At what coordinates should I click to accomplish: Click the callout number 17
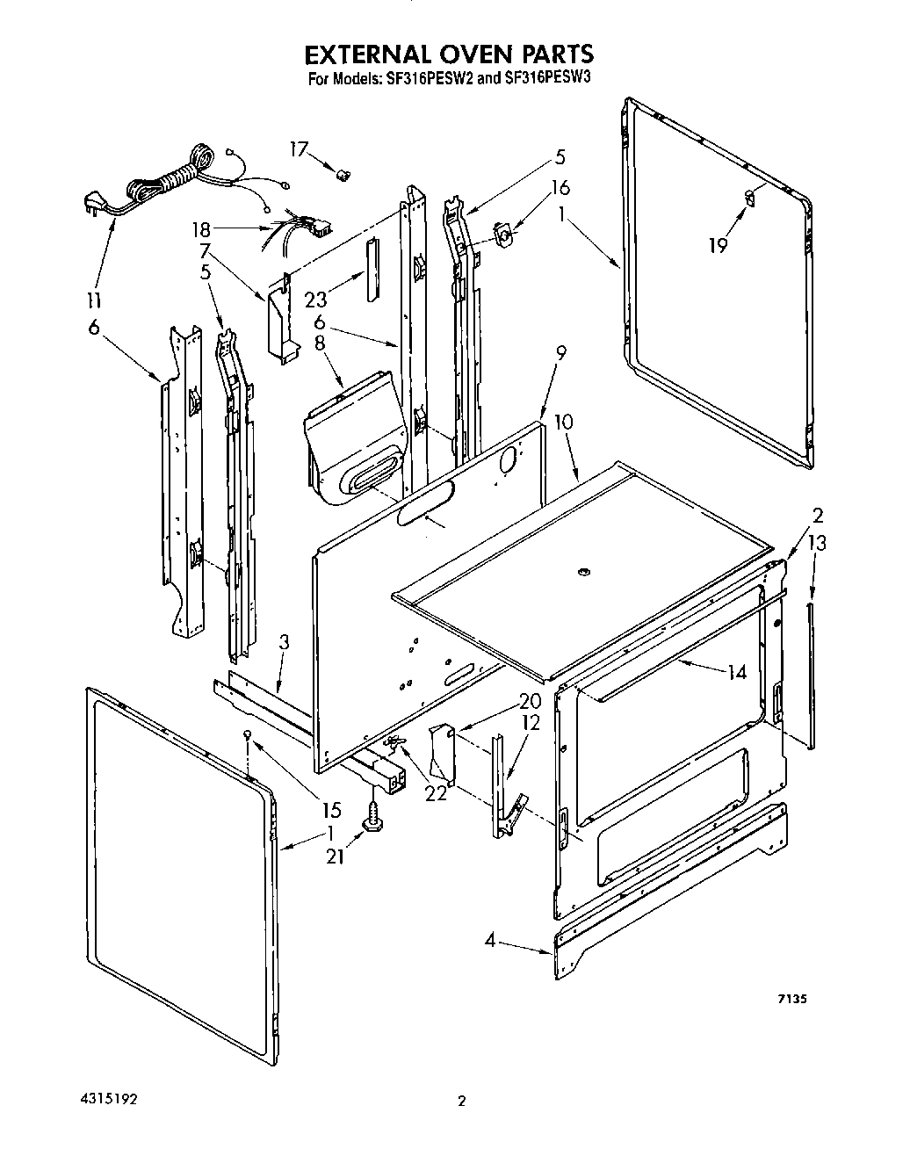300,149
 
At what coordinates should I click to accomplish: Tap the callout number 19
718,245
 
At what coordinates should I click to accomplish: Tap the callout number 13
817,544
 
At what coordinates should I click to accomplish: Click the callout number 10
563,421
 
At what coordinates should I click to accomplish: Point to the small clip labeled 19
748,198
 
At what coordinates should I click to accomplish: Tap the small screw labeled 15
249,733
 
